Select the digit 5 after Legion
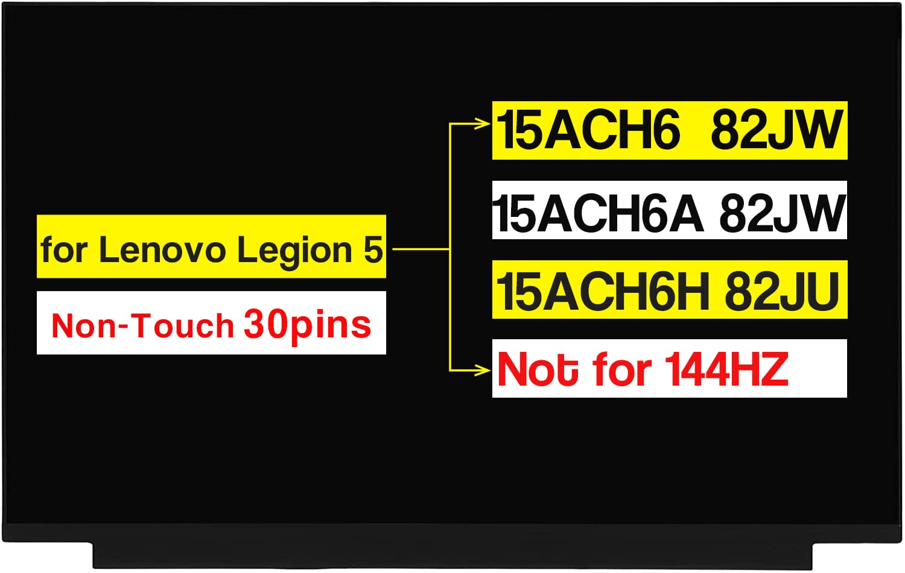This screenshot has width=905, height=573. coord(373,249)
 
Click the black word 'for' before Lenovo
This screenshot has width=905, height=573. coord(63,249)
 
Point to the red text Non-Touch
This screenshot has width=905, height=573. coord(142,326)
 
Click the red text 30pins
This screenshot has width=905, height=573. coord(307,326)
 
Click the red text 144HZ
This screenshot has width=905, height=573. coord(726,369)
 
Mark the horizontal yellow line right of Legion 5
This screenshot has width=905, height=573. coord(420,248)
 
